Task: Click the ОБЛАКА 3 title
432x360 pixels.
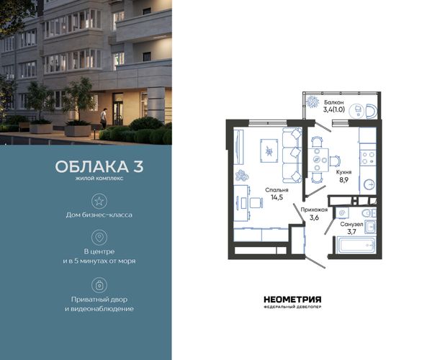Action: pos(99,166)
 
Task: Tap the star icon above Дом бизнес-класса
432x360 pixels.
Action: pos(99,201)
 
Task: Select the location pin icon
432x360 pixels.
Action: pos(99,238)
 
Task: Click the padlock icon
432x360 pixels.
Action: pos(99,285)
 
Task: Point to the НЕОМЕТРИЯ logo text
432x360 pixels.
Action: pos(292,300)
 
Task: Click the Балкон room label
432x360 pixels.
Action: pos(333,102)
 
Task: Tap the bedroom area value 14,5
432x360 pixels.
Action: pos(276,197)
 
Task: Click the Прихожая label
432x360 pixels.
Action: pos(314,210)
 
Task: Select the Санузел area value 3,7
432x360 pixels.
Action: pos(351,232)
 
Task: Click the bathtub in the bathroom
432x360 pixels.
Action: pos(356,246)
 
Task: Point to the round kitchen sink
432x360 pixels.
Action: pos(369,184)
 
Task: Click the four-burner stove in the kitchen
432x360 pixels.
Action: pos(368,158)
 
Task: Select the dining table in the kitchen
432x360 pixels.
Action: pos(318,160)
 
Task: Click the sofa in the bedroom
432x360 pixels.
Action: pos(292,155)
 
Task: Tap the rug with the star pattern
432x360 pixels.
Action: pos(269,151)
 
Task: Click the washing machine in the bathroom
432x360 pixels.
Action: pos(342,213)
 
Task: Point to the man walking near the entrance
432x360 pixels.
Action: pos(103,118)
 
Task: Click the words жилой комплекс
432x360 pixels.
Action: pos(99,179)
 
